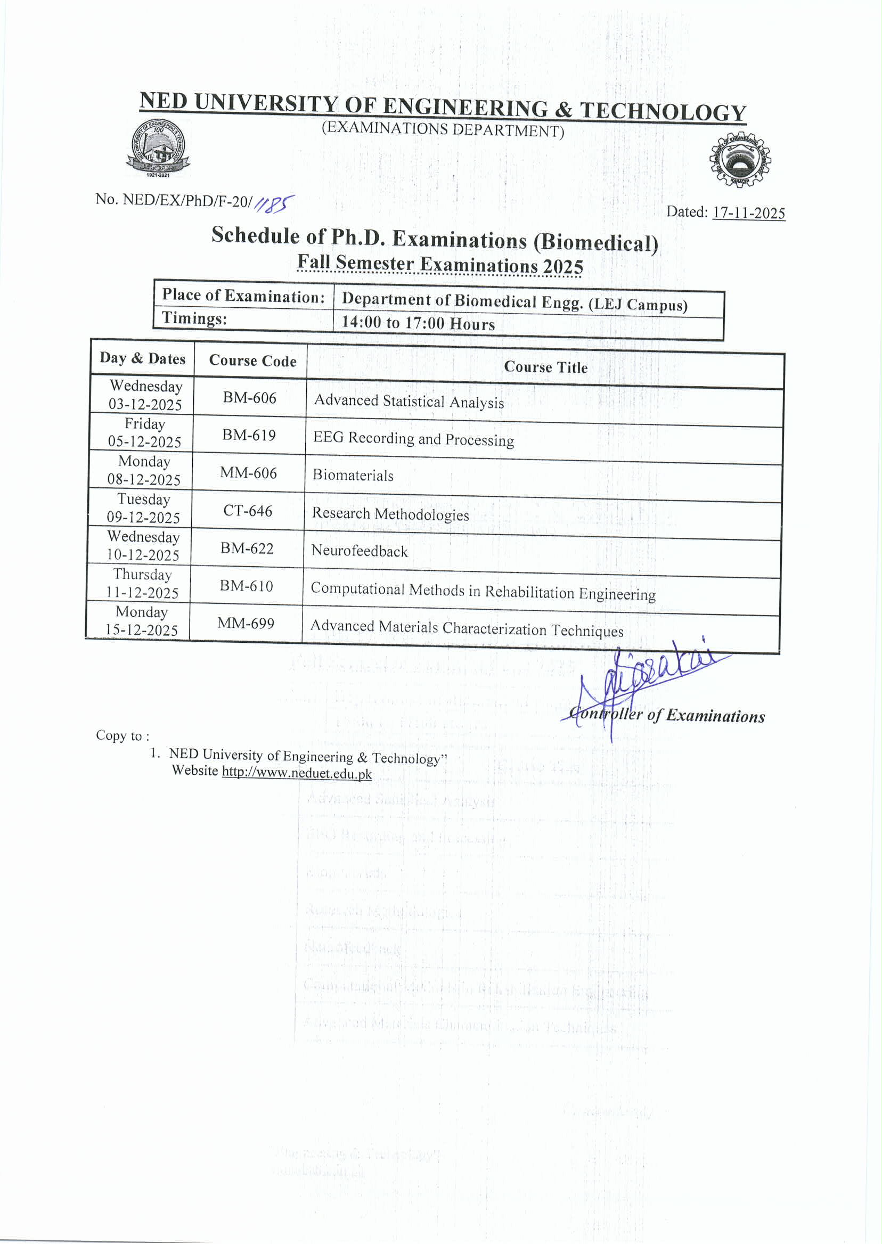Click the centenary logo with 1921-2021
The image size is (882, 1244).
coord(158,148)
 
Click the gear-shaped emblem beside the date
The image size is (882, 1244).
coord(740,160)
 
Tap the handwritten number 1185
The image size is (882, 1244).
coord(274,204)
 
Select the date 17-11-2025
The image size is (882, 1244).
coord(748,213)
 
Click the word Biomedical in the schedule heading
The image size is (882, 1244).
coord(596,242)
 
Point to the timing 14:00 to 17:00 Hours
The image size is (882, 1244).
coord(418,323)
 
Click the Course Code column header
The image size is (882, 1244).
coord(252,361)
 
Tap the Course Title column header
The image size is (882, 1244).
coord(545,367)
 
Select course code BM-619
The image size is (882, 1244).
coord(249,435)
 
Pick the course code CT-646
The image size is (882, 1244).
coord(248,510)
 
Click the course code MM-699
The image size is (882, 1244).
coord(246,623)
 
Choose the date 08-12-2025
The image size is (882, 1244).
coord(144,479)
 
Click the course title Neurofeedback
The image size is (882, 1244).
coord(359,551)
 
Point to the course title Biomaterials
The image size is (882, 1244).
coord(353,476)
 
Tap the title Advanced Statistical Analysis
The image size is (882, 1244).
coord(409,402)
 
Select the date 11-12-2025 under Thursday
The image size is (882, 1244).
coord(142,592)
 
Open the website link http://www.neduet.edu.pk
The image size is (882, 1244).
coord(297,773)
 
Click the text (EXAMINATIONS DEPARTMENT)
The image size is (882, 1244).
coord(443,129)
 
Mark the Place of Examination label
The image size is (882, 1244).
coord(243,296)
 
